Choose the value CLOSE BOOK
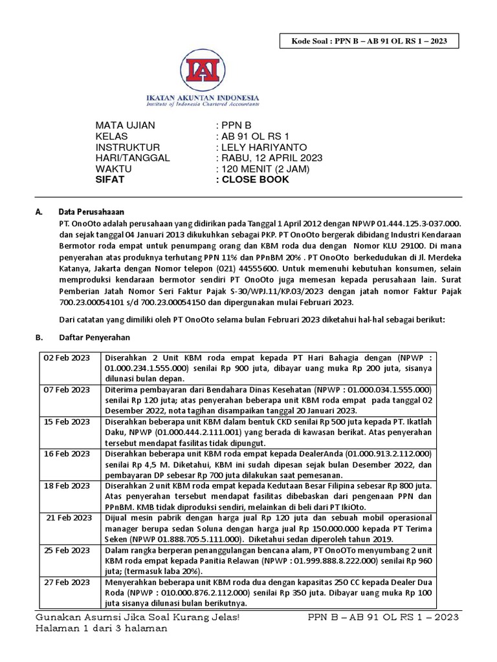(x=254, y=180)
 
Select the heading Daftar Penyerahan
(x=94, y=337)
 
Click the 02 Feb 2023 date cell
(x=67, y=358)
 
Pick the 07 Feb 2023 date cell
(x=67, y=390)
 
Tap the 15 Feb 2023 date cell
(x=67, y=422)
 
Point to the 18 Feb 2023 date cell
(x=67, y=485)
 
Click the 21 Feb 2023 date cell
(x=69, y=518)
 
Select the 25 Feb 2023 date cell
(x=67, y=550)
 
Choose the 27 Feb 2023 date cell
(x=67, y=582)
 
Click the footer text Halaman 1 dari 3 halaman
(x=102, y=628)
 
